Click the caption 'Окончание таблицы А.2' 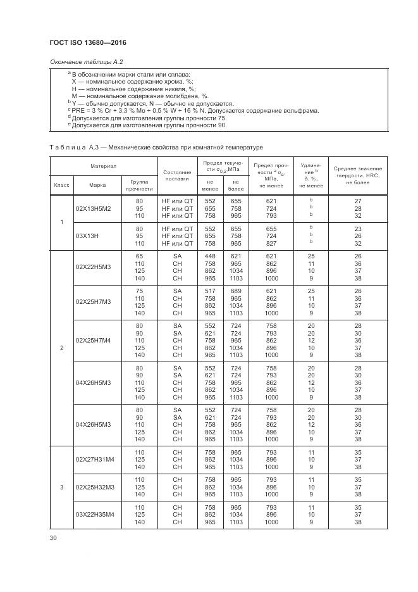pyautogui.click(x=86, y=61)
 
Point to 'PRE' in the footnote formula pyautogui.click(x=79, y=111)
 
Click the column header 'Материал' pyautogui.click(x=103, y=166)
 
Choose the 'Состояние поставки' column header pyautogui.click(x=177, y=175)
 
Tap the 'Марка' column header pyautogui.click(x=97, y=186)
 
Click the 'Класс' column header pyautogui.click(x=61, y=186)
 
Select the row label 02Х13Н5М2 pyautogui.click(x=93, y=208)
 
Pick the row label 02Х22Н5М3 pyautogui.click(x=93, y=267)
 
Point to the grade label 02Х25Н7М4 pyautogui.click(x=93, y=340)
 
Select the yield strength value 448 pyautogui.click(x=210, y=256)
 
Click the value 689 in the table pyautogui.click(x=236, y=291)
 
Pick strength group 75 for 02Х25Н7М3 pyautogui.click(x=139, y=291)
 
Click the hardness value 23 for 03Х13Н pyautogui.click(x=358, y=228)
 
